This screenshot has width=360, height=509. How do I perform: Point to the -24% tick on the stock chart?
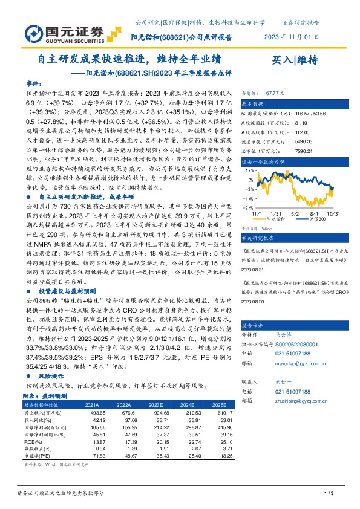click(249, 207)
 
